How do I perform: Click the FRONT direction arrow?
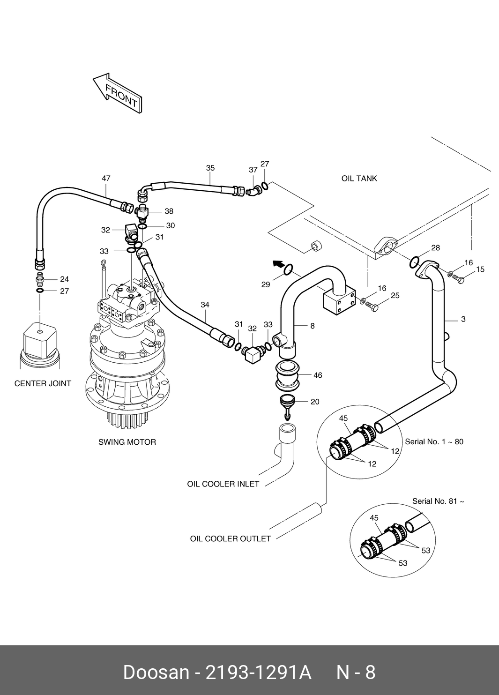click(x=118, y=93)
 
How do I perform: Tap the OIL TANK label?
click(x=359, y=179)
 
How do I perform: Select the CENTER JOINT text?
click(x=43, y=383)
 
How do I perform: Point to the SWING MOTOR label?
click(x=127, y=442)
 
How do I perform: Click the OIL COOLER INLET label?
click(x=223, y=484)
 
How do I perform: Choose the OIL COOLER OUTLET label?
click(x=230, y=539)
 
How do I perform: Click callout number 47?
click(x=106, y=179)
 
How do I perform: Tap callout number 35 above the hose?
click(x=210, y=168)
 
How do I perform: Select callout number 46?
click(x=318, y=375)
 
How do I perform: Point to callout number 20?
click(x=315, y=402)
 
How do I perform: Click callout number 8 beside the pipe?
click(x=313, y=326)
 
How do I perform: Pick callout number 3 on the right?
click(x=463, y=320)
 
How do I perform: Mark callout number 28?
click(x=435, y=248)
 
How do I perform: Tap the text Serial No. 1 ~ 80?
click(x=434, y=442)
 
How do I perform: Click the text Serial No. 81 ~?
click(x=438, y=501)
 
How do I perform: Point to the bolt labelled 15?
click(x=459, y=280)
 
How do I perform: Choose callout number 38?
click(x=169, y=211)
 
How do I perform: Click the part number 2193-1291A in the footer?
click(x=259, y=672)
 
